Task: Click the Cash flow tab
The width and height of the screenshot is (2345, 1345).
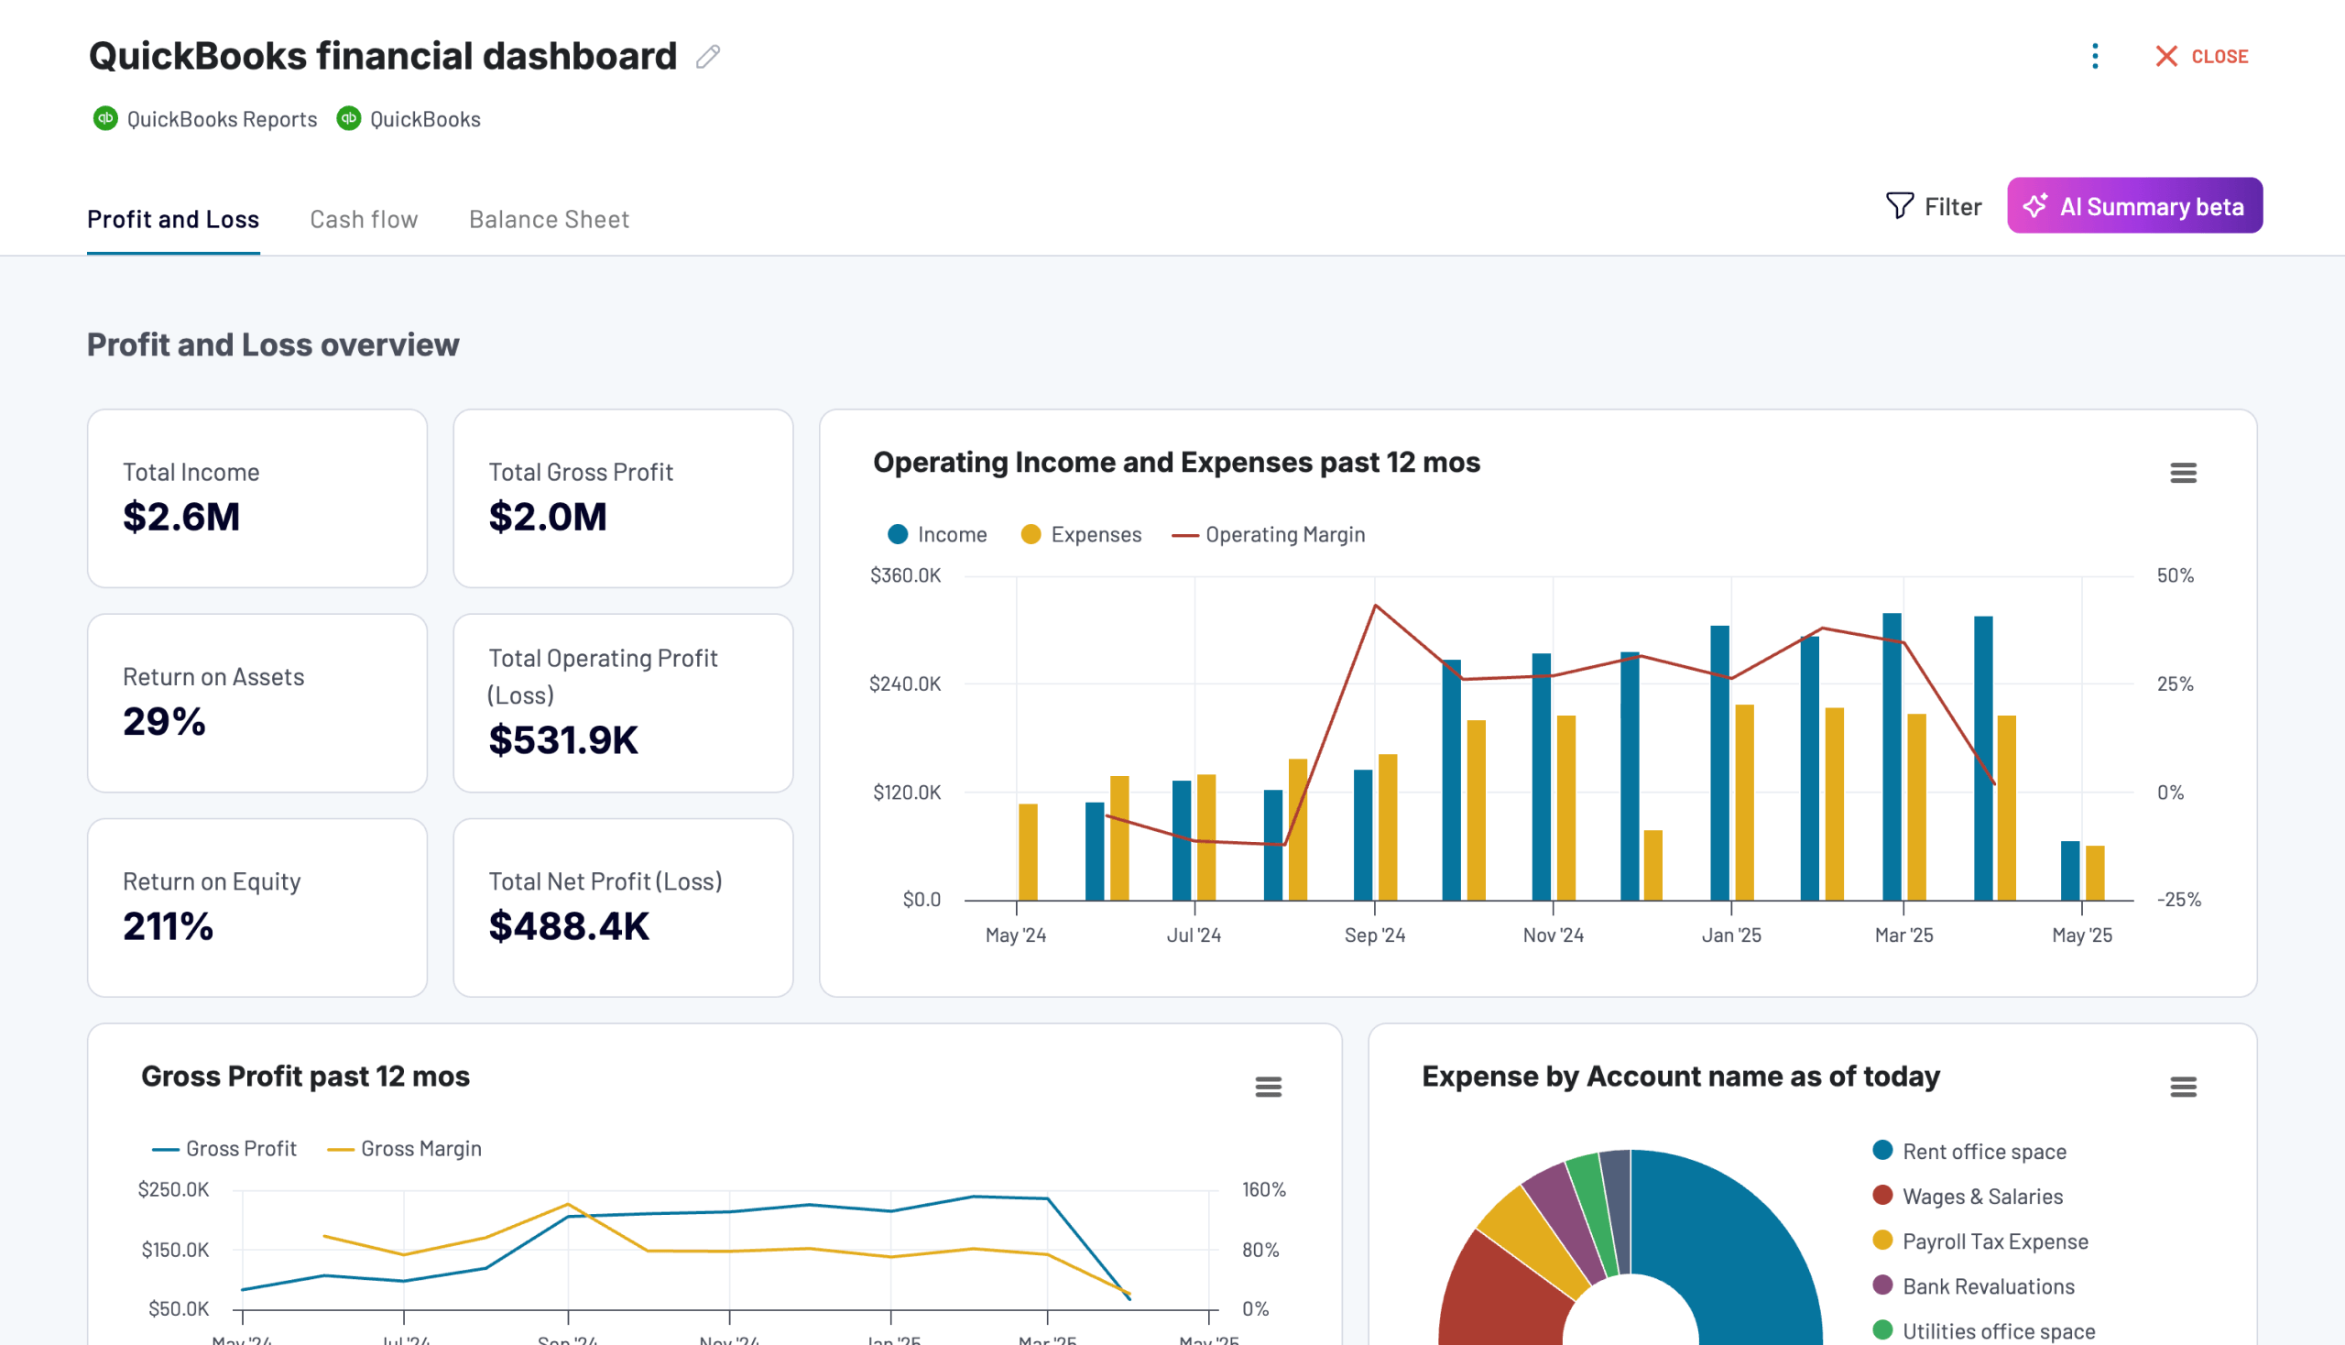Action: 363,219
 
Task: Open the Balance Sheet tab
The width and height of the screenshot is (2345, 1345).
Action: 549,219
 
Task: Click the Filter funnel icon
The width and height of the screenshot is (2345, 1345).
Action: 1899,205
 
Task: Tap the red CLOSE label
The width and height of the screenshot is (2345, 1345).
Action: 2219,57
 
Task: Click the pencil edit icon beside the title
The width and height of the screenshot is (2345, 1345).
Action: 707,57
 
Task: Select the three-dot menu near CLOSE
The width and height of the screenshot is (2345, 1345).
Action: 2095,57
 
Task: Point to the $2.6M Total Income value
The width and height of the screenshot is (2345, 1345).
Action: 181,517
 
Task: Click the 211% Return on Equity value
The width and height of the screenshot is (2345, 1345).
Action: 169,925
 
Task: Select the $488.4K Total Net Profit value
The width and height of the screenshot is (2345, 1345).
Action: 569,925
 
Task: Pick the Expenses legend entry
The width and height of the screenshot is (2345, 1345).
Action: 1096,535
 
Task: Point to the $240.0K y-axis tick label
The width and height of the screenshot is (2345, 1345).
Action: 904,683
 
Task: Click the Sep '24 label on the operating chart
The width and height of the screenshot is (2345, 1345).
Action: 1374,935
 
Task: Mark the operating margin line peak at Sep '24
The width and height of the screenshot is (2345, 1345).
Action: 1375,605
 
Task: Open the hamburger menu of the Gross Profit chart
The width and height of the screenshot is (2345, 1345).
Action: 1268,1087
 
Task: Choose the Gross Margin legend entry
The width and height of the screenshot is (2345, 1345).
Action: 420,1148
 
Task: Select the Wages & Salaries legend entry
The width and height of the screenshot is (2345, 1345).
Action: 1981,1197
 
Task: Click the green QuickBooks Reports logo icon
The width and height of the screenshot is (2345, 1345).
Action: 105,118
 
